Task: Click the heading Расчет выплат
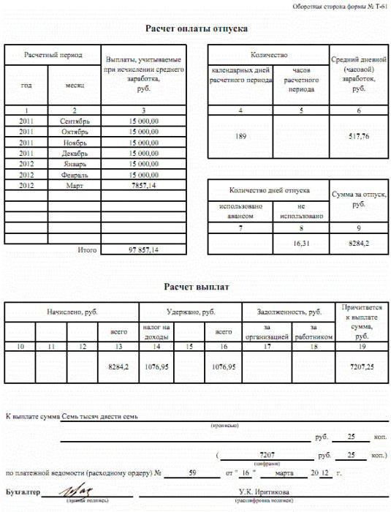pyautogui.click(x=195, y=287)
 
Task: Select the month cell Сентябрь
pyautogui.click(x=74, y=121)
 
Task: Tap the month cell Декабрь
pyautogui.click(x=74, y=154)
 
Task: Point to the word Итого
pyautogui.click(x=87, y=250)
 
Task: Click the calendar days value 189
pyautogui.click(x=240, y=136)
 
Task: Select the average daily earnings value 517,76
pyautogui.click(x=358, y=136)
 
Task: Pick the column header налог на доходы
pyautogui.click(x=156, y=331)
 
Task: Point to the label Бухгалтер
pyautogui.click(x=21, y=491)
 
